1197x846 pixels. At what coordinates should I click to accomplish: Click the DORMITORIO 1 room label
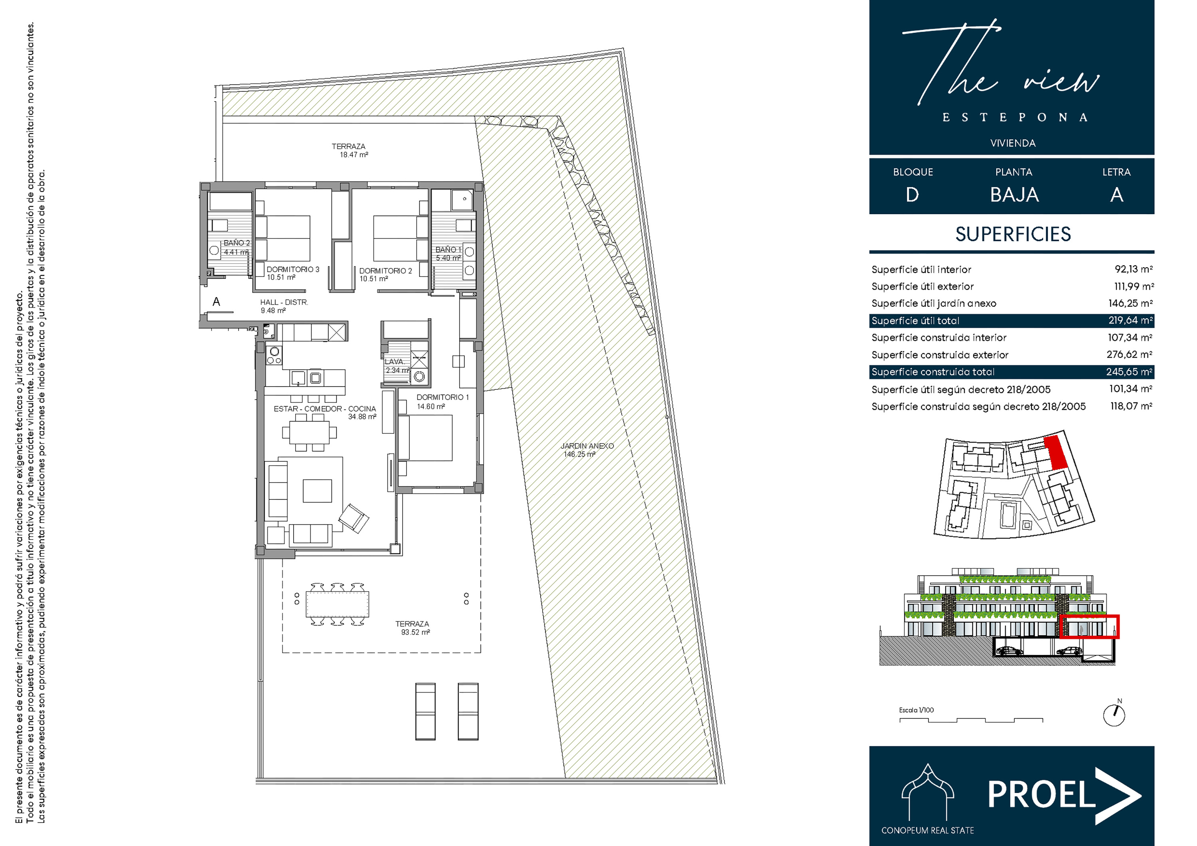(442, 397)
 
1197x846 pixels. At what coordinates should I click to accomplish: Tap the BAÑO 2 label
(237, 243)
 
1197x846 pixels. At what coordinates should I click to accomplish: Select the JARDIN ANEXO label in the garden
(587, 446)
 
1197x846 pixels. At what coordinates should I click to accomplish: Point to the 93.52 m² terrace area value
(415, 632)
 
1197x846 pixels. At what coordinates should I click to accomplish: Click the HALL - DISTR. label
(284, 302)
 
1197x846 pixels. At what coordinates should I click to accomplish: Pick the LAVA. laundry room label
(394, 362)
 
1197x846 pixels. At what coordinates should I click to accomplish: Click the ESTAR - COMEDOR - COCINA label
(325, 409)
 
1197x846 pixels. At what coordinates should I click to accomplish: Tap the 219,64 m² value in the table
(1130, 320)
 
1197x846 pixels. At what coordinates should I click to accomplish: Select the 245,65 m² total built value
(1129, 372)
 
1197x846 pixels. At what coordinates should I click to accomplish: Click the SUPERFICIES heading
(1013, 235)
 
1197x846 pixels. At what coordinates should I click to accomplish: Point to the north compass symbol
(1114, 715)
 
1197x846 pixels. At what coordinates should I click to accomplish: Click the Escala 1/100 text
(917, 710)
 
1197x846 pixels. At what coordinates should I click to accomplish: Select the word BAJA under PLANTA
(1015, 195)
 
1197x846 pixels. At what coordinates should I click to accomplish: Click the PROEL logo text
(1042, 795)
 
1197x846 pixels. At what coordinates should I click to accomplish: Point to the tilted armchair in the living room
(354, 518)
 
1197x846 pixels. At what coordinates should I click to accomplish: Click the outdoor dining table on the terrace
(337, 604)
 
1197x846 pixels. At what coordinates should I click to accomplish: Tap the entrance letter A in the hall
(216, 302)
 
